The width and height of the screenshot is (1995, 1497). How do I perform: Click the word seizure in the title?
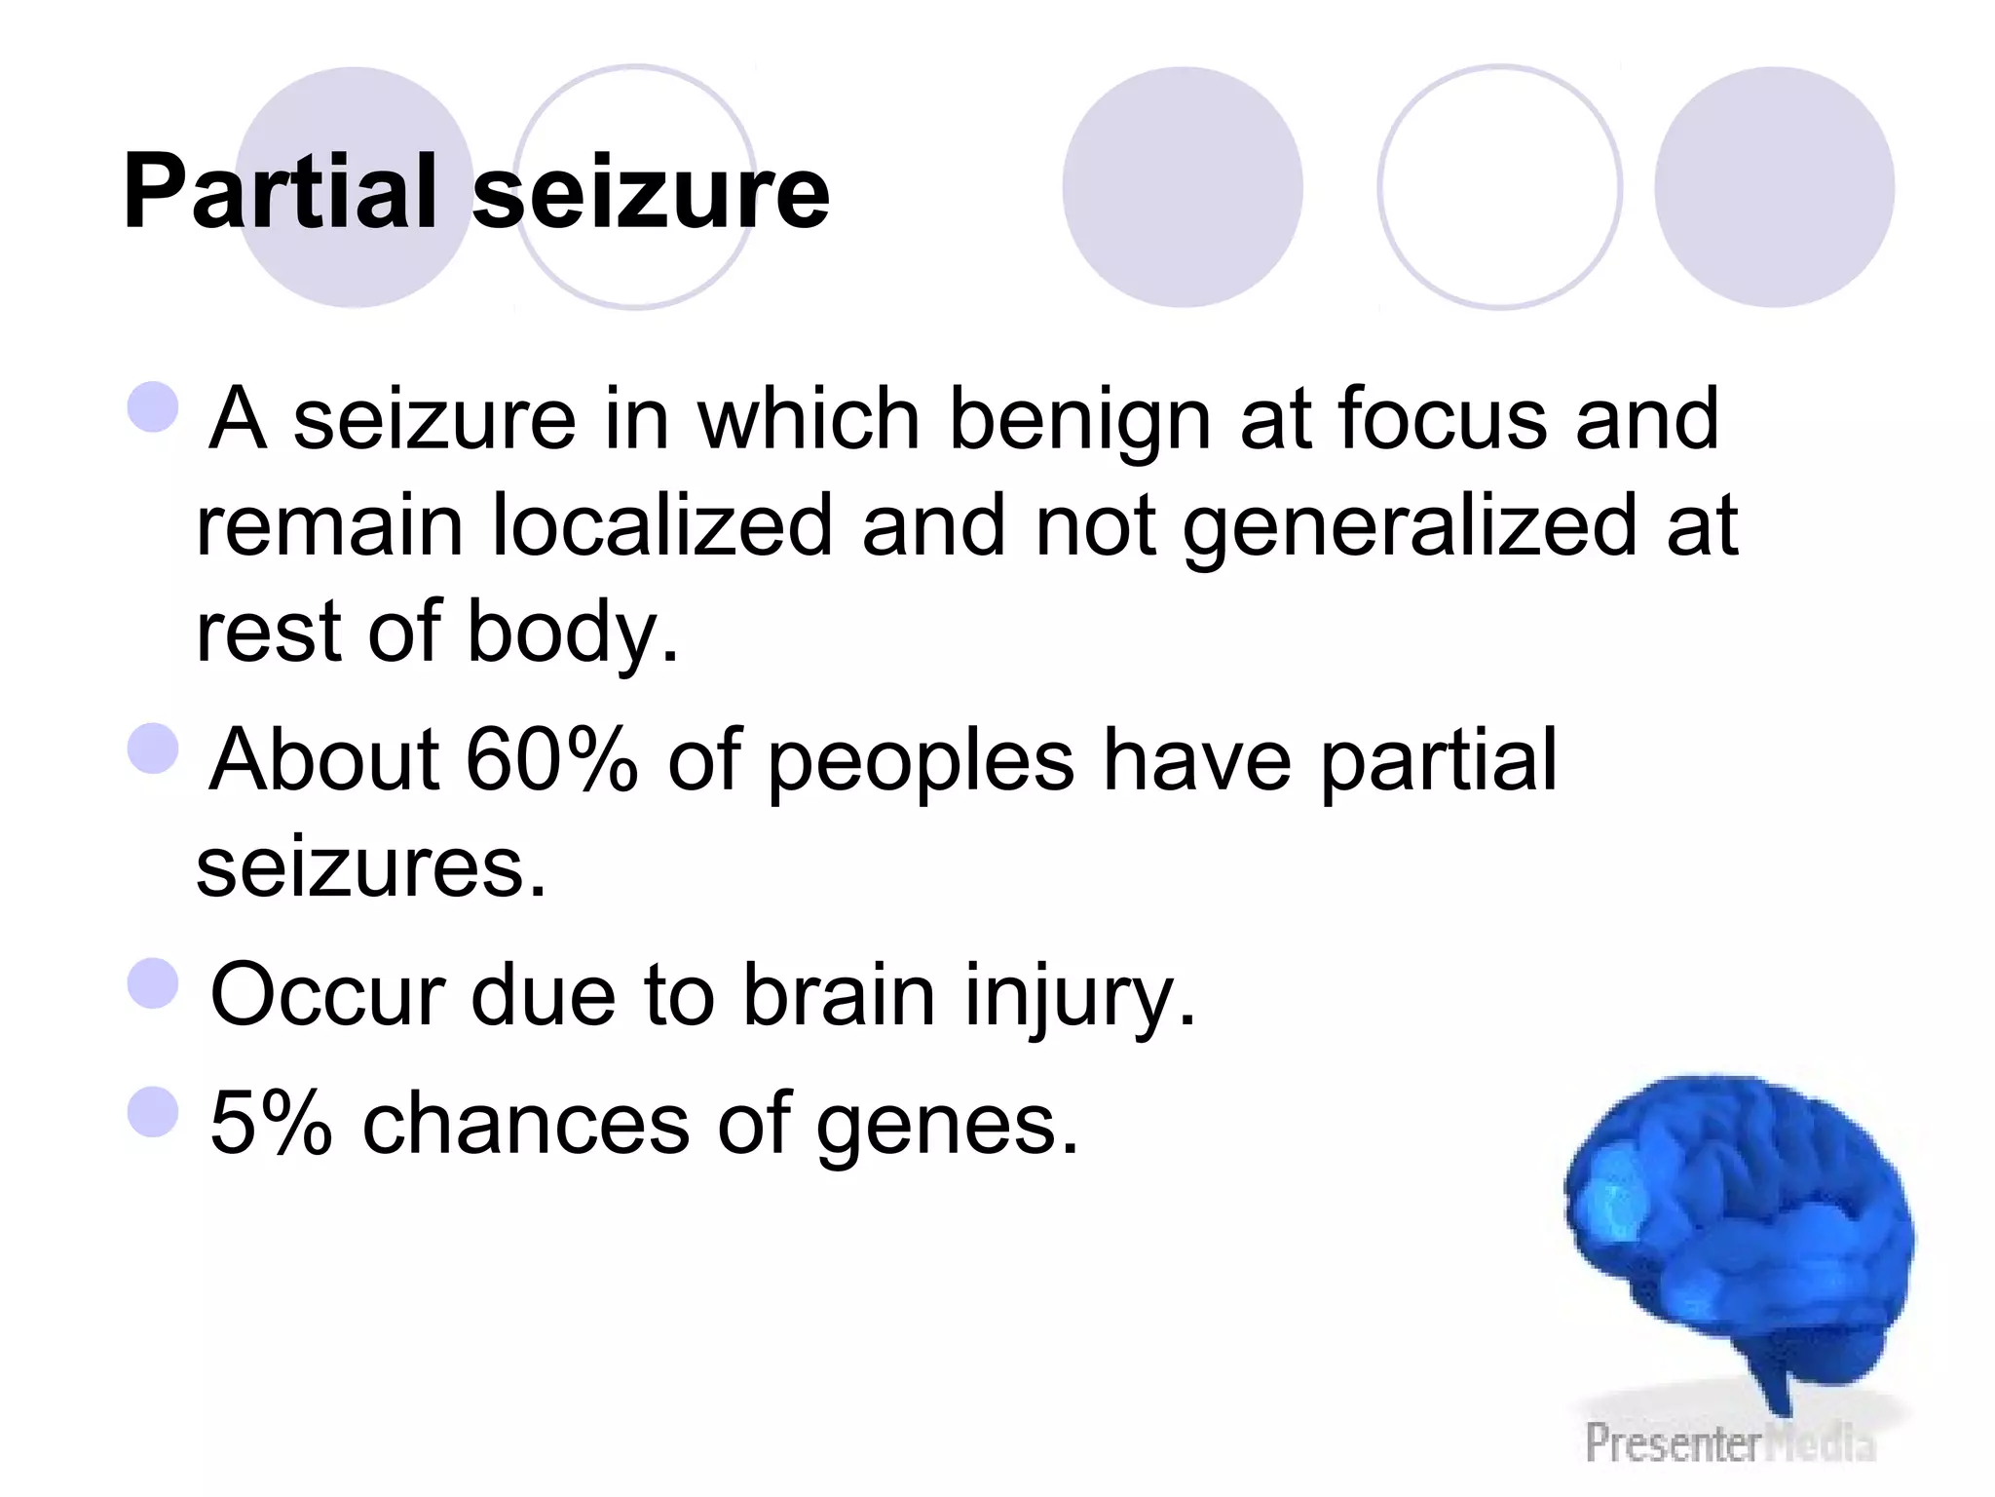point(651,194)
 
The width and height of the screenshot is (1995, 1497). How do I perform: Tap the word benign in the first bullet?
point(1079,421)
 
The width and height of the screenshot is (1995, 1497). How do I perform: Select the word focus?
point(1442,419)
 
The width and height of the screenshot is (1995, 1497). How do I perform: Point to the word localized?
point(662,526)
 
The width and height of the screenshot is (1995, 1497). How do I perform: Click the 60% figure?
point(551,760)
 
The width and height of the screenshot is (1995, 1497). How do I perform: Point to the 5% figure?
point(271,1123)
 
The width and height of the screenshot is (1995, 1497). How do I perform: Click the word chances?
point(526,1123)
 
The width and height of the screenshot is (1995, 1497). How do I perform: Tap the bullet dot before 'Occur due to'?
point(153,982)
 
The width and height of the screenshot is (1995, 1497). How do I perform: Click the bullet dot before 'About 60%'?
point(153,748)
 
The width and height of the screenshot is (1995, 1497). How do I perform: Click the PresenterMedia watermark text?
point(1729,1442)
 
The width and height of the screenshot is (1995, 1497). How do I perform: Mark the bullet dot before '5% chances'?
point(153,1111)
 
